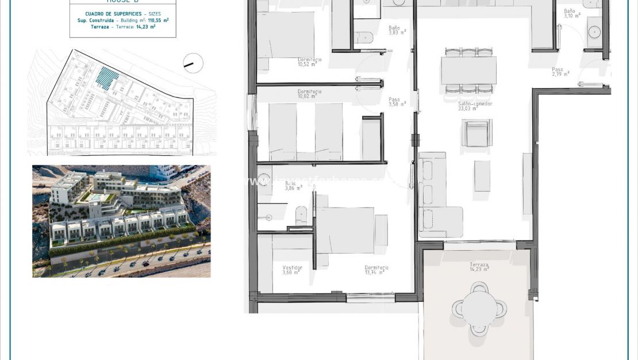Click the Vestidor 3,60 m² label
[291, 270]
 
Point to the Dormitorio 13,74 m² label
[376, 270]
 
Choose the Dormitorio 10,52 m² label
[309, 62]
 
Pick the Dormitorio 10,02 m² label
[309, 94]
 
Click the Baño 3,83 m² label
[397, 30]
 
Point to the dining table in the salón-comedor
[468, 70]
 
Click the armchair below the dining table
[476, 133]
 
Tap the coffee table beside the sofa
[482, 175]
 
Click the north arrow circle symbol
[193, 63]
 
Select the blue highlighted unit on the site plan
[107, 78]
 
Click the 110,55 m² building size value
[158, 20]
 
